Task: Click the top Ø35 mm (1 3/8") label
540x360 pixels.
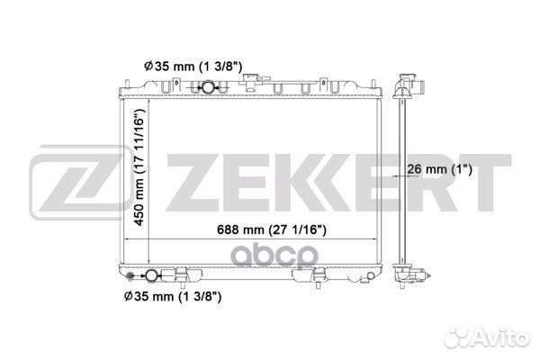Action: (x=193, y=66)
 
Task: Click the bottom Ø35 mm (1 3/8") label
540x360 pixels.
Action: (x=173, y=296)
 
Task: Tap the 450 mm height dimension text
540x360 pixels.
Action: (x=139, y=167)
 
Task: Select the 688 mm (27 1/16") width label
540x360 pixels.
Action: (x=272, y=229)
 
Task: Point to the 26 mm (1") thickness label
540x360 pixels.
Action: (x=439, y=169)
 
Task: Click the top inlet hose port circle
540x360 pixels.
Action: (x=208, y=87)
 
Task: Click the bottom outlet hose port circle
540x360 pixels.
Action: (x=151, y=275)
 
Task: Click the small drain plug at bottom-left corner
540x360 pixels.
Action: (x=130, y=275)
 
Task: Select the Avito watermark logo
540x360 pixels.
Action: (x=486, y=337)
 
